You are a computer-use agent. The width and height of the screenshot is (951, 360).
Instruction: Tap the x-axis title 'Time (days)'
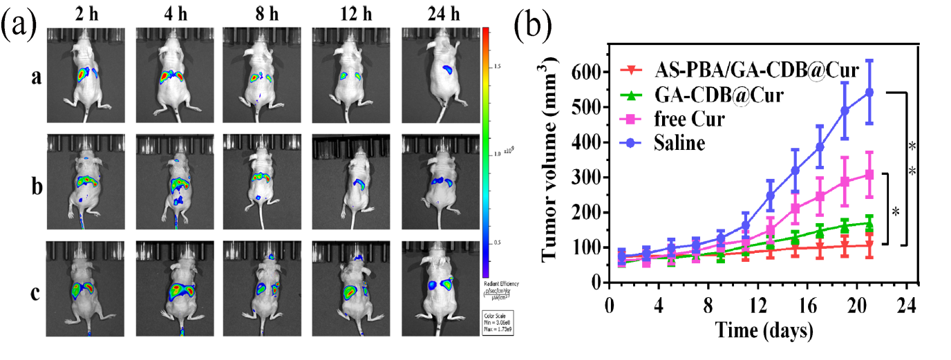[760, 330]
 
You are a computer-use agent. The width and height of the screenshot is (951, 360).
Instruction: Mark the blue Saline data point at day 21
[869, 91]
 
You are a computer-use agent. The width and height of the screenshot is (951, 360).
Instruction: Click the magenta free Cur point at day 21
[869, 174]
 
